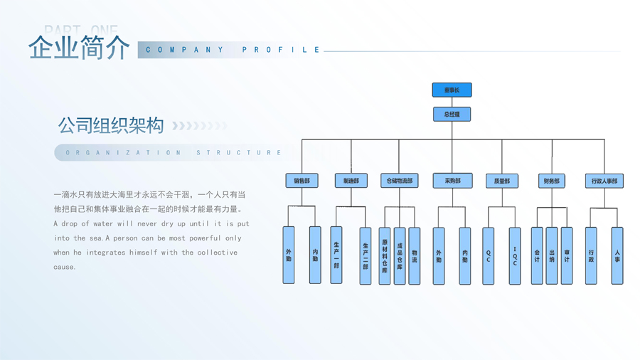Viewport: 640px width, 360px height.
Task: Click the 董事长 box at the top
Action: click(x=452, y=90)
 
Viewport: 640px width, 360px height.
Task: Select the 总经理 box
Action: click(x=452, y=114)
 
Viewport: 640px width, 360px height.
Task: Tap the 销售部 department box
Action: click(x=302, y=181)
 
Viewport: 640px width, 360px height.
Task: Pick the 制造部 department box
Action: click(x=351, y=181)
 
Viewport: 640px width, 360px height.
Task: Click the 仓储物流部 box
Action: click(x=399, y=181)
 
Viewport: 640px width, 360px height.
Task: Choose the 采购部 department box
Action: click(x=452, y=181)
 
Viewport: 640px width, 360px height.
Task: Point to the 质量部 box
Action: click(x=502, y=181)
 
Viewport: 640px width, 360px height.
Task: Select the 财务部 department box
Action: click(x=552, y=181)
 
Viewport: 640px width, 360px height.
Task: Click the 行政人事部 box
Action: click(x=604, y=181)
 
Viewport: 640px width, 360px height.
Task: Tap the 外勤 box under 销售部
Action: click(x=289, y=255)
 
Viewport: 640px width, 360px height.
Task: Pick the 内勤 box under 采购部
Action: click(x=465, y=256)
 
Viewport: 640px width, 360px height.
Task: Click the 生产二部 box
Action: click(x=366, y=256)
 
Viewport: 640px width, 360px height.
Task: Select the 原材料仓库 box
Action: click(x=385, y=256)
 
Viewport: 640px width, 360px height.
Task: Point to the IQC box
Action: click(x=515, y=256)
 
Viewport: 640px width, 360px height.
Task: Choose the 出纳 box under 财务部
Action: click(x=552, y=256)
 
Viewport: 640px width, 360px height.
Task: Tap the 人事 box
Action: click(x=617, y=256)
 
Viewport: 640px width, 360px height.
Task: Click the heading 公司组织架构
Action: click(x=111, y=126)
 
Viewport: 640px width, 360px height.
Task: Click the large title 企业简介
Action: click(x=79, y=48)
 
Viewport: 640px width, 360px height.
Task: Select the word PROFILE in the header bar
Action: click(x=282, y=50)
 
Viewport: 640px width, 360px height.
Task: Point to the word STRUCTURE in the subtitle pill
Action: click(x=239, y=152)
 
